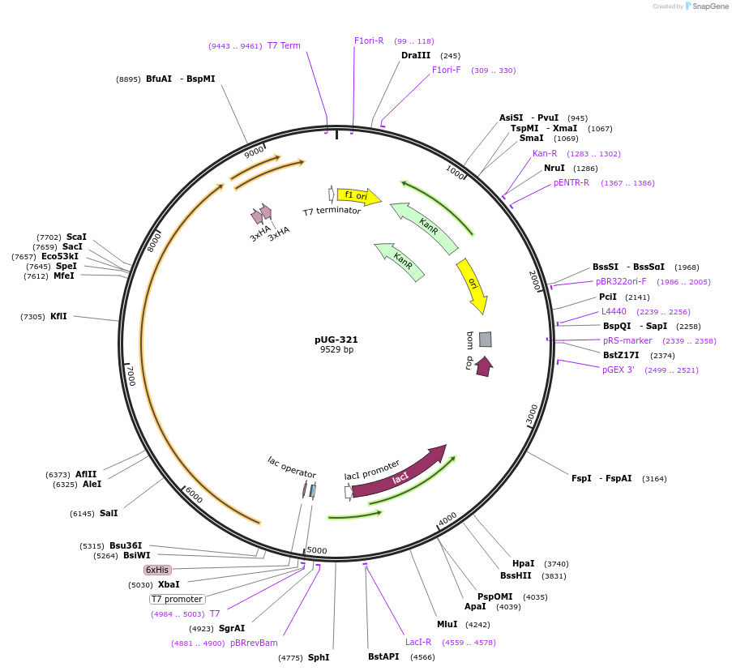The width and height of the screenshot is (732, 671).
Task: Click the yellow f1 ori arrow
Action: click(x=357, y=196)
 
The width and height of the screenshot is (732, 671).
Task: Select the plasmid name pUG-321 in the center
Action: click(x=336, y=340)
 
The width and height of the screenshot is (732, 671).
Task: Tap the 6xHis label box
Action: click(x=157, y=570)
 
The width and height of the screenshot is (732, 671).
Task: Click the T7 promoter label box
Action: click(x=177, y=599)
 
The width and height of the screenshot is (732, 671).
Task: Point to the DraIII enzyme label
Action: click(x=416, y=56)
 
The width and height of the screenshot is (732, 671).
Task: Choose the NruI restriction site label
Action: click(x=554, y=169)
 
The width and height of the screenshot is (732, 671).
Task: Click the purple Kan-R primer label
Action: click(x=545, y=153)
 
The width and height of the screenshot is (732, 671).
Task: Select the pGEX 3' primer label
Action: click(x=619, y=370)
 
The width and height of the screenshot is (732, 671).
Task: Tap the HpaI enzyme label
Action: click(x=524, y=563)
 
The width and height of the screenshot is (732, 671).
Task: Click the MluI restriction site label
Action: click(x=447, y=624)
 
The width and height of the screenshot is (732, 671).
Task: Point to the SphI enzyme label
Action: click(x=319, y=657)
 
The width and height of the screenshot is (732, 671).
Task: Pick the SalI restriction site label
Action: click(x=109, y=513)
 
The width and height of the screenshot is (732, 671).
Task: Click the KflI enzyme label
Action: click(x=59, y=316)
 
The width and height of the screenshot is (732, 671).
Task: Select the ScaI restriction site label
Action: click(x=76, y=237)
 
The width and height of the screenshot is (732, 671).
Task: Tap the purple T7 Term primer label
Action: click(x=284, y=45)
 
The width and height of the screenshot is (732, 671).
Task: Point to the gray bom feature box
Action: click(x=485, y=339)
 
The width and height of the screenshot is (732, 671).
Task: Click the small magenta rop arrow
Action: click(x=484, y=366)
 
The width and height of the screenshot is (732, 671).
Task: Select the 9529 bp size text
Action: click(x=336, y=350)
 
